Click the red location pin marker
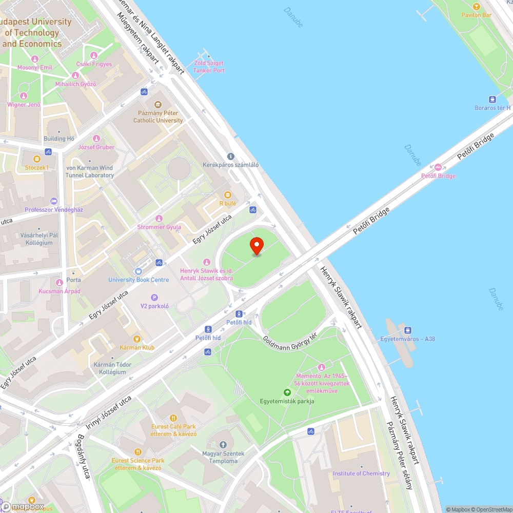tap(256, 246)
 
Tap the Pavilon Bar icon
tap(477, 7)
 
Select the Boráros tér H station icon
tap(492, 99)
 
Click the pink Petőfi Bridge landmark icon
tap(438, 167)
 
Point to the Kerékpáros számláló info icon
tap(230, 156)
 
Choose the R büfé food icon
tap(228, 195)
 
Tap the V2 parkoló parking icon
tap(154, 298)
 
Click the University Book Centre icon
tap(138, 271)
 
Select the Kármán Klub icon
tap(136, 339)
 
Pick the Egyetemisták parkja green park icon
tap(287, 392)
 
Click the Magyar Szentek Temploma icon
tap(223, 445)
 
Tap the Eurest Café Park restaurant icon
tap(173, 418)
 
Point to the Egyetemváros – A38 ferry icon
tap(407, 330)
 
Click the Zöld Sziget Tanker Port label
tap(209, 67)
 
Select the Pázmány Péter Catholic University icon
tap(157, 104)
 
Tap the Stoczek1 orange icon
tap(36, 159)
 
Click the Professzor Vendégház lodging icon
tap(54, 201)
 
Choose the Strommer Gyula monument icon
tap(159, 219)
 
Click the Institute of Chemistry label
tap(361, 473)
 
